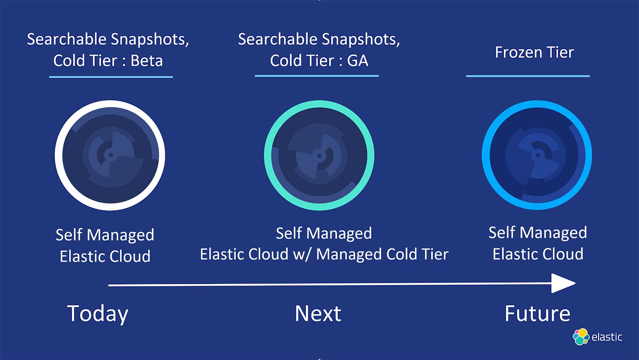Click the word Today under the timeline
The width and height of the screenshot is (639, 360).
98,314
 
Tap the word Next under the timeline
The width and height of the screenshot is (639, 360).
318,313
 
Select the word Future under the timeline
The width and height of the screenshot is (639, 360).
538,313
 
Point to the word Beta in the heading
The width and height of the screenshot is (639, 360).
147,60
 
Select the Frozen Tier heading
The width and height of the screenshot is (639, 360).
534,52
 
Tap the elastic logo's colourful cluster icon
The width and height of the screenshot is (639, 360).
581,337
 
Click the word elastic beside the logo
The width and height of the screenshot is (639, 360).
607,337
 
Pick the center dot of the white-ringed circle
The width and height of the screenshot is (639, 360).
111,155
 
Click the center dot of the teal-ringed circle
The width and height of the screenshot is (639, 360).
319,156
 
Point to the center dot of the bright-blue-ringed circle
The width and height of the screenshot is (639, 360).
538,155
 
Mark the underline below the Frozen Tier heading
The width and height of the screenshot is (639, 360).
528,76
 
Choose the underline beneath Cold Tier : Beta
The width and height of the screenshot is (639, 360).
111,77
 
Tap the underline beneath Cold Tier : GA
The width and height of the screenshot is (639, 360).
317,76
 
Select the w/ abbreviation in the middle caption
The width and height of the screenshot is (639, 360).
302,254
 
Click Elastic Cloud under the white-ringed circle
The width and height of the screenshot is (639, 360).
105,256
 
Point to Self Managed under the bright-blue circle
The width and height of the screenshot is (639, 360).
538,233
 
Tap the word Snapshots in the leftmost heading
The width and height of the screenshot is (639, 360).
150,39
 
